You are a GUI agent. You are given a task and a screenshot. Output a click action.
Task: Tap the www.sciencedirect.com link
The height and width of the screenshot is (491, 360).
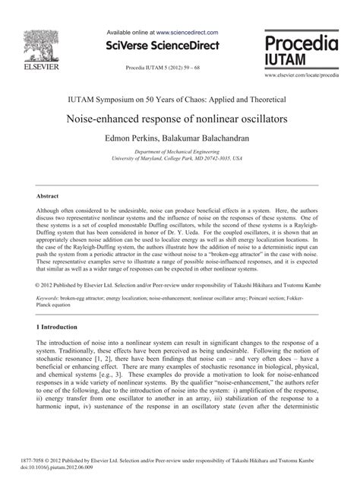click(187, 33)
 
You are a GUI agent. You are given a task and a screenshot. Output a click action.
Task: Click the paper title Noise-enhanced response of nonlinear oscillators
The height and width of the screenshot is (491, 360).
click(179, 119)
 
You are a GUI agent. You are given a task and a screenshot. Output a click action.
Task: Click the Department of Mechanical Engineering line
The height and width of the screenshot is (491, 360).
click(179, 152)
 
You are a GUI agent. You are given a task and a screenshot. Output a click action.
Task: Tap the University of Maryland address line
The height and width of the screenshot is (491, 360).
click(179, 160)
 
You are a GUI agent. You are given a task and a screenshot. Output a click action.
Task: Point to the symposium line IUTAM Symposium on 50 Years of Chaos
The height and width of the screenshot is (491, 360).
click(179, 99)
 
